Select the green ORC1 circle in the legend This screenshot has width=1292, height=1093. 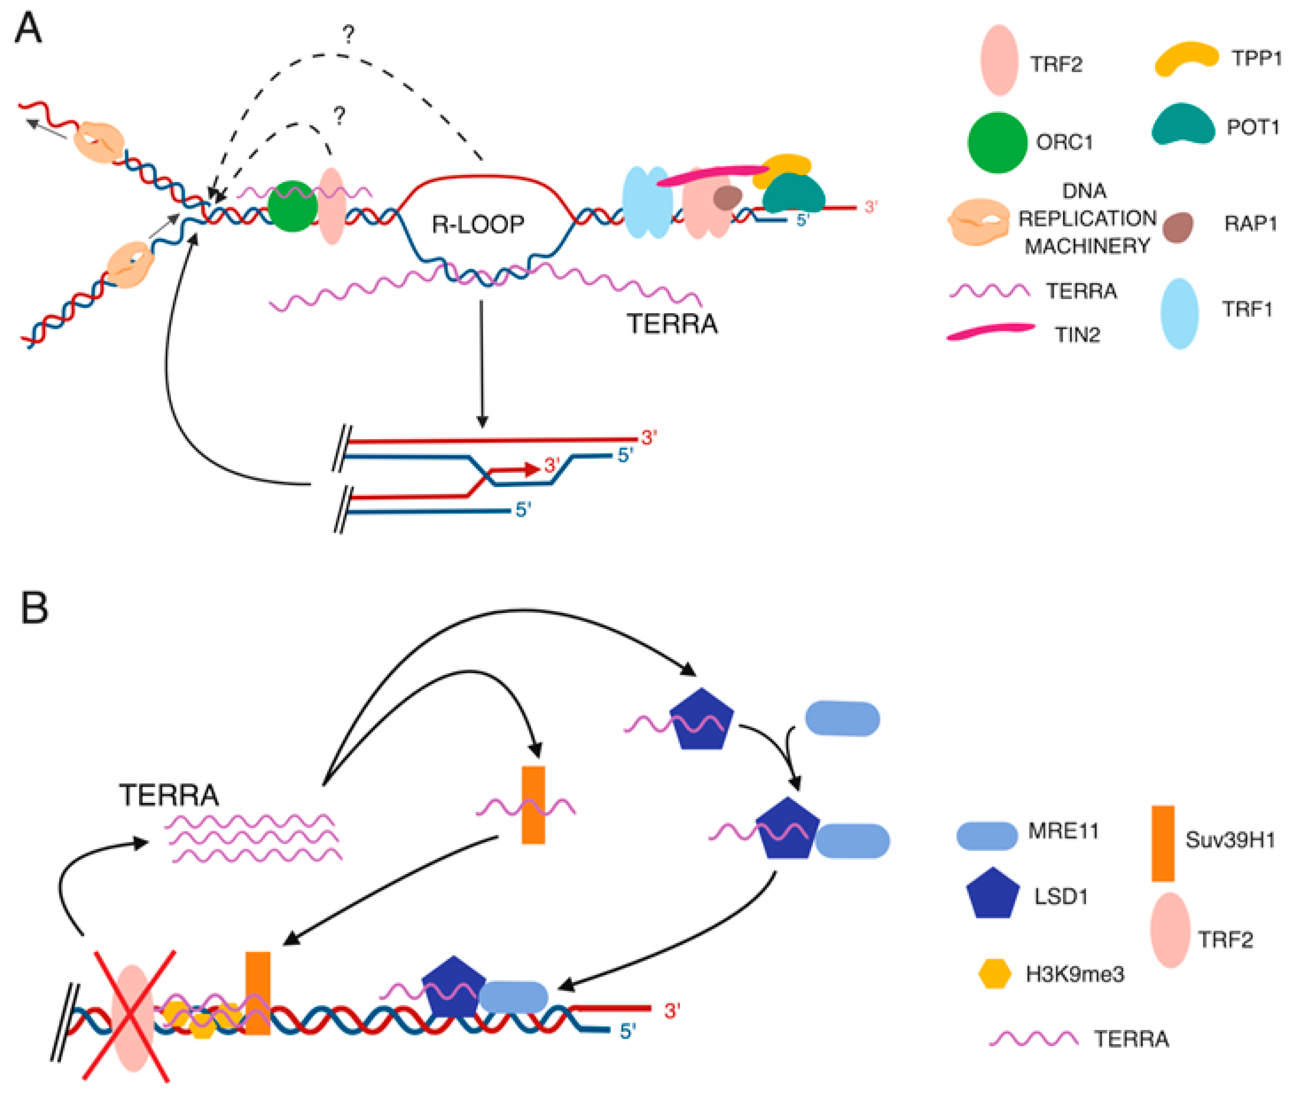[997, 142]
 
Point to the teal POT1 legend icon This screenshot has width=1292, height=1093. [1183, 125]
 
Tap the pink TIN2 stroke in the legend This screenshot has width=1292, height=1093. [990, 332]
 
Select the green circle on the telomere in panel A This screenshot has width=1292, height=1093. [293, 206]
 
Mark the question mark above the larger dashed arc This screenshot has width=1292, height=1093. [349, 34]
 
